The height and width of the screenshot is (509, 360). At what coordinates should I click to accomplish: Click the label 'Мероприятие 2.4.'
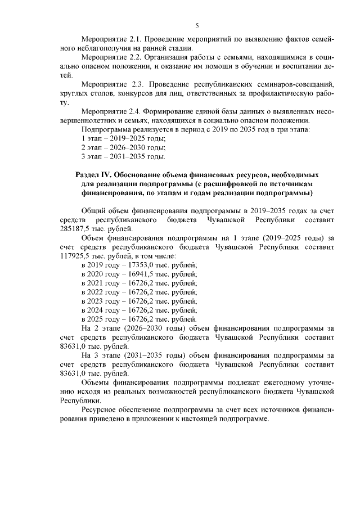(x=110, y=110)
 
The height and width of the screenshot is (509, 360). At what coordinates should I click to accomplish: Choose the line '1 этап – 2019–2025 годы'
(x=123, y=138)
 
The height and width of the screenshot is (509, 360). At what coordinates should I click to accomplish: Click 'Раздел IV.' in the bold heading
(x=95, y=175)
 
